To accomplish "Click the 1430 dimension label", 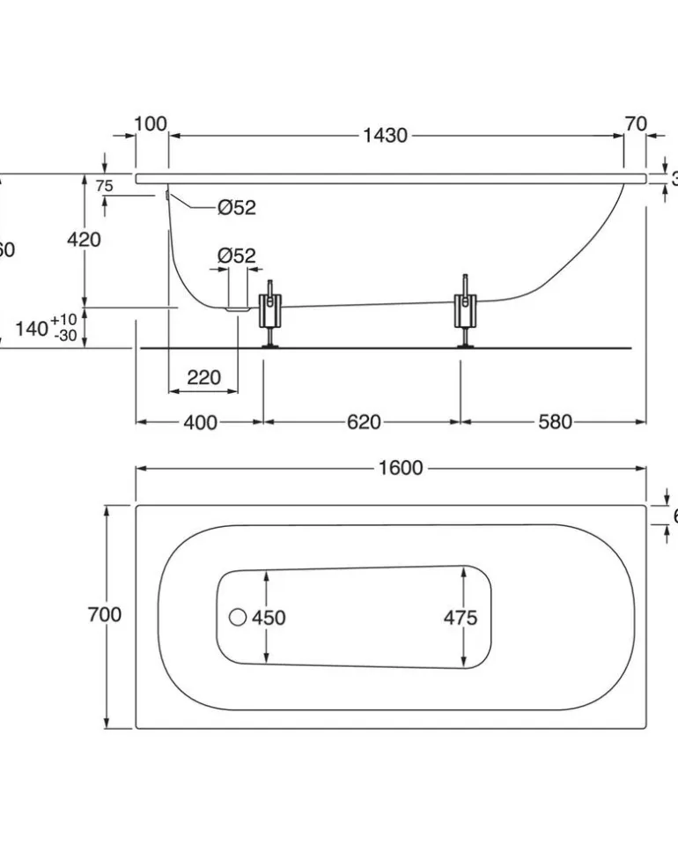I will pos(385,136).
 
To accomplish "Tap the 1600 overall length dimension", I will pos(401,468).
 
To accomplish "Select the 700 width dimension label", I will pos(105,615).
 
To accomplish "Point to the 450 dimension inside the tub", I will pos(269,618).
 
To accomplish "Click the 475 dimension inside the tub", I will pos(460,618).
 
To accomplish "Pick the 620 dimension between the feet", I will pos(363,422).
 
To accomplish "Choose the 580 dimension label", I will pos(554,422).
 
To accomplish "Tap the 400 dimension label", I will pos(200,422).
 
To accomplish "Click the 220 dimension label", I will pos(203,377).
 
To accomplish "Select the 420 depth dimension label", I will pos(85,239).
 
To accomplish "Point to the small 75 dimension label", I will pos(104,186).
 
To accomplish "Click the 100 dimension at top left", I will pos(151,123).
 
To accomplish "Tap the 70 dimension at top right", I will pos(636,123).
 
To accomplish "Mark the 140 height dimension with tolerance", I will pos(48,329).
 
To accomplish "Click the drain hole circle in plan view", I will pos(238,618).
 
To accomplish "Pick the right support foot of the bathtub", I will pos(465,314).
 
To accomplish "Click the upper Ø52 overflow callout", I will pos(236,208).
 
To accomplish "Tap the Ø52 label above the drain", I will pos(236,256).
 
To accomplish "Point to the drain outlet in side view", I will pos(237,309).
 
